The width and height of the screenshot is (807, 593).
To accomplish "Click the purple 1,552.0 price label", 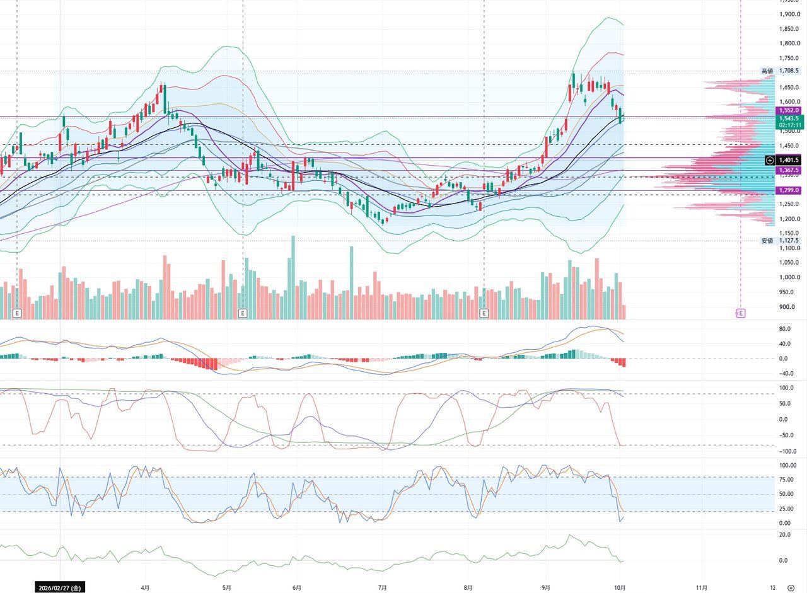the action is click(788, 110).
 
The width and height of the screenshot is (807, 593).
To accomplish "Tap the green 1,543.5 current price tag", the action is click(789, 118).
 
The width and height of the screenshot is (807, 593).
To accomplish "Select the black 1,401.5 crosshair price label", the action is click(788, 160).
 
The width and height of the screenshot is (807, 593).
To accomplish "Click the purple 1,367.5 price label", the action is click(788, 170).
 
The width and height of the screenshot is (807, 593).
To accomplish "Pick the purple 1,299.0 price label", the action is click(788, 190).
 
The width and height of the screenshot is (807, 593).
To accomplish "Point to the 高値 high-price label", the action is click(767, 71).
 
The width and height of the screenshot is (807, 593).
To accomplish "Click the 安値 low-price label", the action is click(767, 241).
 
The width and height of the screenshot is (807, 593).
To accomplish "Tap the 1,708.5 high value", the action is click(789, 71).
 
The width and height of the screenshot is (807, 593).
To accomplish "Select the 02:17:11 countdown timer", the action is click(790, 125).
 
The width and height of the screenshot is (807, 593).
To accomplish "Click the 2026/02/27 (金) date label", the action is click(60, 587).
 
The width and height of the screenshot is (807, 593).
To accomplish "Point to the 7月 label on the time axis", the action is click(383, 587).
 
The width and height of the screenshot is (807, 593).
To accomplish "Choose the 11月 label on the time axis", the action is click(702, 587).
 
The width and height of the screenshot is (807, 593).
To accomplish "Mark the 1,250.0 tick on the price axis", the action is click(789, 204).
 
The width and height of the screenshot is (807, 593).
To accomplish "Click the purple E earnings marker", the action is click(740, 313).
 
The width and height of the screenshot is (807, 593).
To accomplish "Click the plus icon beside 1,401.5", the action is click(770, 160).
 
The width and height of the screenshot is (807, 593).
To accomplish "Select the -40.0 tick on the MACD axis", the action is click(791, 373).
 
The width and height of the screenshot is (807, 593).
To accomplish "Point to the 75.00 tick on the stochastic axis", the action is click(792, 480).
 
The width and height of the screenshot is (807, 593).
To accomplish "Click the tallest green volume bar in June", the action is click(293, 278).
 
